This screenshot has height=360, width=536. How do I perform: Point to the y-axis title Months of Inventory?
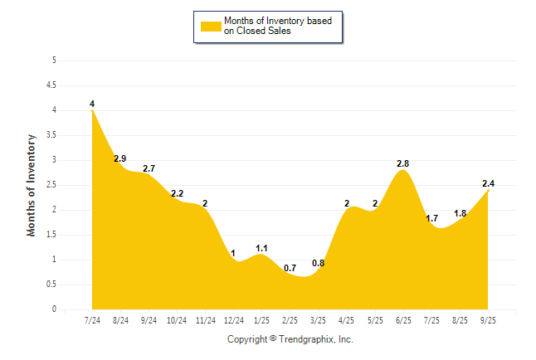[32, 185]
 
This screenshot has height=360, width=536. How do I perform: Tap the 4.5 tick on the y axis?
[52, 85]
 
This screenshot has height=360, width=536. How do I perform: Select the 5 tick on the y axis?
[54, 60]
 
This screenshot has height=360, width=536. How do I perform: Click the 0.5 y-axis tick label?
[52, 284]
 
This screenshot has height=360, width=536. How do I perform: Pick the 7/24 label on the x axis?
[92, 320]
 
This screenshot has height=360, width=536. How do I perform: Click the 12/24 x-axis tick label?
[234, 320]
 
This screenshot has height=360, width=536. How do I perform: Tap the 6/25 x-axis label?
[404, 320]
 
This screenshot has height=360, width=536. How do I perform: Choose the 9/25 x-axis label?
[489, 320]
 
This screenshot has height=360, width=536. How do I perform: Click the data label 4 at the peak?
[92, 104]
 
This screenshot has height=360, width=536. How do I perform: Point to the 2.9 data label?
[120, 158]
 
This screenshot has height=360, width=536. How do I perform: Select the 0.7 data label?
[290, 268]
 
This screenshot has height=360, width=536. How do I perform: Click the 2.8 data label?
[403, 163]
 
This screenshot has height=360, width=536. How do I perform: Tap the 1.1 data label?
[262, 248]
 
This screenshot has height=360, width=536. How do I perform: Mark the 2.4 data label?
[489, 183]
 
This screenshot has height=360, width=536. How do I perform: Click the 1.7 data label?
[432, 218]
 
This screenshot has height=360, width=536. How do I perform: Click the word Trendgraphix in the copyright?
[305, 339]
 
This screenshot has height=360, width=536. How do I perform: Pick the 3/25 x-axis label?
[319, 320]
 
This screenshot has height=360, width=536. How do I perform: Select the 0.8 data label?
[319, 263]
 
